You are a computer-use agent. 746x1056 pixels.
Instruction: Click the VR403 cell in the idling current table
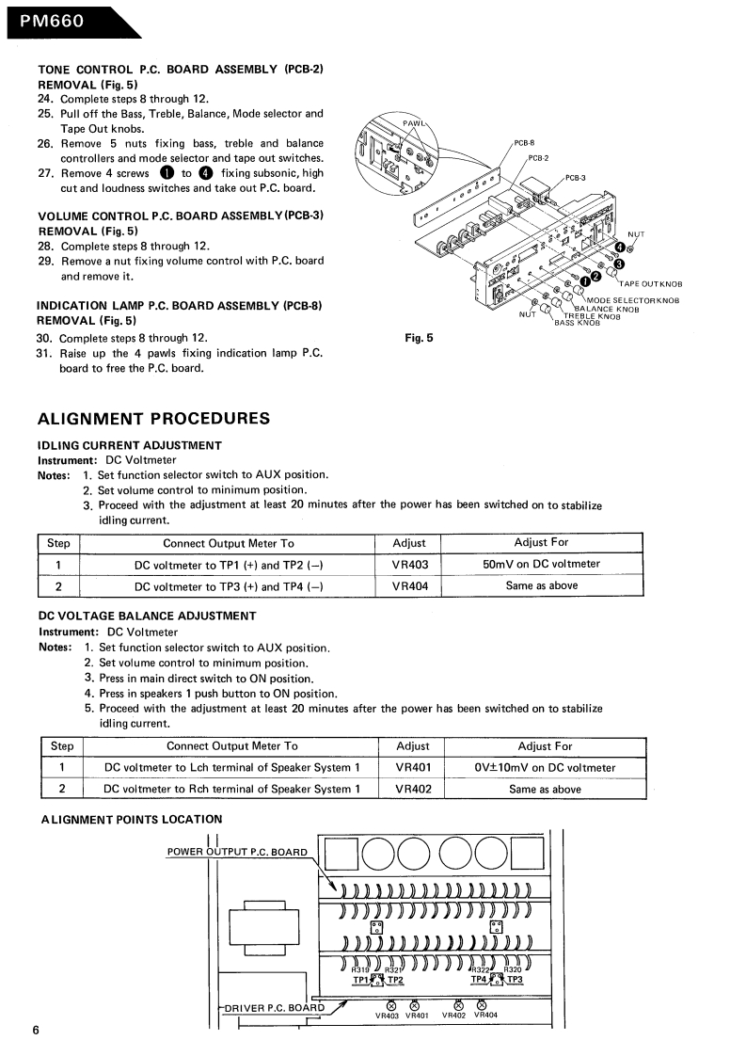tap(409, 565)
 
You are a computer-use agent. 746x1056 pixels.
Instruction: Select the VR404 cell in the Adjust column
tap(409, 585)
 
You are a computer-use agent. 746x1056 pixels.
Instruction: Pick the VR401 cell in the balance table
tap(413, 768)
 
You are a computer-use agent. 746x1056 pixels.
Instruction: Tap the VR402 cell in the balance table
tap(413, 790)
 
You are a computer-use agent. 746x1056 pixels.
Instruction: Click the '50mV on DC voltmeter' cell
tap(541, 565)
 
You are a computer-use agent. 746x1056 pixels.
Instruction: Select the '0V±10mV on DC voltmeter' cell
tap(545, 768)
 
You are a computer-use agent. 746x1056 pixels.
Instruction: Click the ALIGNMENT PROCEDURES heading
tap(152, 419)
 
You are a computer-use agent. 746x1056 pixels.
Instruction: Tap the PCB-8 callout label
tap(524, 143)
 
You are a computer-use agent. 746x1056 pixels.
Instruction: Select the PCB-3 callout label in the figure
tap(575, 178)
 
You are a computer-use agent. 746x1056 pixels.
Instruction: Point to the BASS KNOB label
tap(577, 323)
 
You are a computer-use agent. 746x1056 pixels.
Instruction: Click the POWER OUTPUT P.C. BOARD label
tap(237, 853)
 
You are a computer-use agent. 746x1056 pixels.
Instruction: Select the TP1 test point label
tap(361, 980)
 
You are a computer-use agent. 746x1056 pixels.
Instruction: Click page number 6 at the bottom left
tap(35, 1031)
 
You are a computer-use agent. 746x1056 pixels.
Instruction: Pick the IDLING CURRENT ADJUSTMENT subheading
tap(129, 445)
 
